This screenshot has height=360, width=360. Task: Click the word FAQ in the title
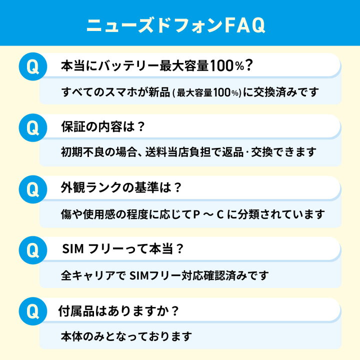point(244,25)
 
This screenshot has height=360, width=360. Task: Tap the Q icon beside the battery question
point(33,66)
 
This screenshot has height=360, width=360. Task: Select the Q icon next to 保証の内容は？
point(33,127)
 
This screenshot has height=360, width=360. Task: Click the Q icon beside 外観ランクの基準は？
point(33,189)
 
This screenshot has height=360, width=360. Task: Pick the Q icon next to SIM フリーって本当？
point(33,250)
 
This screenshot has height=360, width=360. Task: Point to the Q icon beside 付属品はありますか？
point(33,311)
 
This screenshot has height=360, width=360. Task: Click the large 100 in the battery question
point(221,65)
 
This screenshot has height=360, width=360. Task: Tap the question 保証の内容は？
point(103,126)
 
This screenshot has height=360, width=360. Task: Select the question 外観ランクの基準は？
point(121,187)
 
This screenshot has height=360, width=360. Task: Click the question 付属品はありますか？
point(118,311)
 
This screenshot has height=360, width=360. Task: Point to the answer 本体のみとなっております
point(126,336)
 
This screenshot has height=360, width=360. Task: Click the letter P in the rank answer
point(196,214)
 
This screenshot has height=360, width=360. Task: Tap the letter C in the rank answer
point(220,214)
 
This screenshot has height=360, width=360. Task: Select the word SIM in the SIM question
point(73,249)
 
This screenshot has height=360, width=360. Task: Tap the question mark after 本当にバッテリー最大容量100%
point(248,65)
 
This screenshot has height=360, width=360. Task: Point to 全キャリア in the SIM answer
point(88,275)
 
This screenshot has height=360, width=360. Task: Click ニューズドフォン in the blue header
point(154,25)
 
